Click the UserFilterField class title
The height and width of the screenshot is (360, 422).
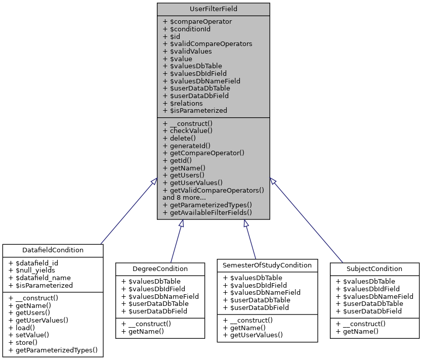pyautogui.click(x=213, y=9)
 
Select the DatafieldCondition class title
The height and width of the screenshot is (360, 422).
pyautogui.click(x=53, y=250)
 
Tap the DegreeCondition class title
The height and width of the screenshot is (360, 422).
pyautogui.click(x=160, y=268)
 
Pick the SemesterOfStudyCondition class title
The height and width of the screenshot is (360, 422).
pyautogui.click(x=268, y=265)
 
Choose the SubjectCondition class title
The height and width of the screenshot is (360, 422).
pyautogui.click(x=375, y=268)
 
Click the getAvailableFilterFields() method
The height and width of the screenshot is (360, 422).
pyautogui.click(x=210, y=212)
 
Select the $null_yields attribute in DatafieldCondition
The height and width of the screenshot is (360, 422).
pyautogui.click(x=36, y=270)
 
